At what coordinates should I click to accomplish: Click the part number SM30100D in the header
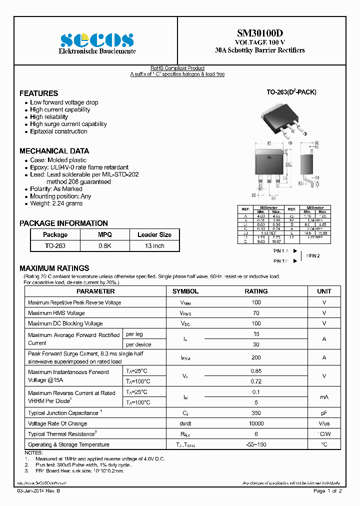tap(259, 33)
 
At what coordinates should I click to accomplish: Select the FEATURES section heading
tap(38, 93)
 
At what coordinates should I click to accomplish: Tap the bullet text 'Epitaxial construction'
tap(58, 131)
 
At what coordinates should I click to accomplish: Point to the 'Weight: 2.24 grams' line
tap(56, 203)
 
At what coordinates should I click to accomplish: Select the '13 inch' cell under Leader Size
tap(154, 246)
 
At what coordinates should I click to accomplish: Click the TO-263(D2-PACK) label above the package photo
tap(291, 92)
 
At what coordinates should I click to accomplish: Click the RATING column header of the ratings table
tap(256, 291)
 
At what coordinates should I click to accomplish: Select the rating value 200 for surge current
tap(256, 357)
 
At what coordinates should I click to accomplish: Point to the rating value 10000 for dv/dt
tap(256, 423)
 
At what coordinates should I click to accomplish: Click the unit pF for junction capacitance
tap(324, 413)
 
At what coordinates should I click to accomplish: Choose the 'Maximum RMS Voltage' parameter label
tap(56, 313)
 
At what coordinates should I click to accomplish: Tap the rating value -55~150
tap(256, 444)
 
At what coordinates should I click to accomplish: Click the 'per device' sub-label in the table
tap(138, 344)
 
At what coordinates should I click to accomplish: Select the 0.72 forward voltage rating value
tap(256, 381)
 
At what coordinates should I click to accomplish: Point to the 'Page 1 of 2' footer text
tap(327, 491)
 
